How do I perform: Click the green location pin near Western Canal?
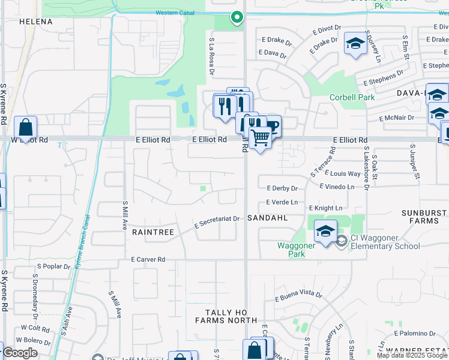[237, 18]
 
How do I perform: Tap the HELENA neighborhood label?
[36, 22]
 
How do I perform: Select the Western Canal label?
[175, 12]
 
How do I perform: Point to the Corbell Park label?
[352, 97]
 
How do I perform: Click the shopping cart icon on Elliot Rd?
[260, 138]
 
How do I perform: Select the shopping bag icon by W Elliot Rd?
[26, 127]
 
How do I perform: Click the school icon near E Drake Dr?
[355, 44]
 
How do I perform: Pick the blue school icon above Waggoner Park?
[325, 232]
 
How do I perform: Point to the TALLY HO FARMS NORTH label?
[226, 316]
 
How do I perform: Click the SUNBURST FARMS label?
[424, 217]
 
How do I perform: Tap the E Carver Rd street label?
[148, 260]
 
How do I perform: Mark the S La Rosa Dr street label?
[212, 56]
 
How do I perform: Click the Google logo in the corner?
[20, 353]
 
